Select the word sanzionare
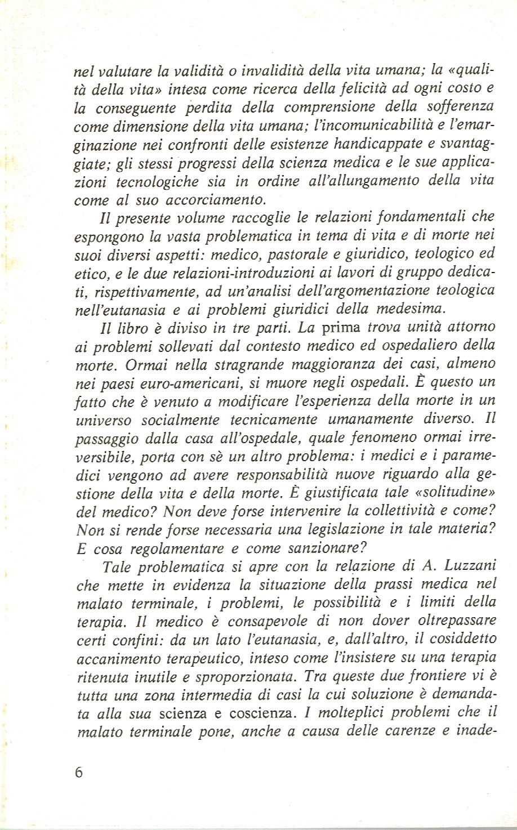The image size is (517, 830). pyautogui.click(x=320, y=548)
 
